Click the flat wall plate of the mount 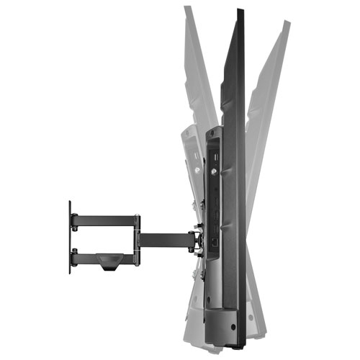pos(70,238)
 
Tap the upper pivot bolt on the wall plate pos(74,215)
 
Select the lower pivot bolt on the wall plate pos(74,253)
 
